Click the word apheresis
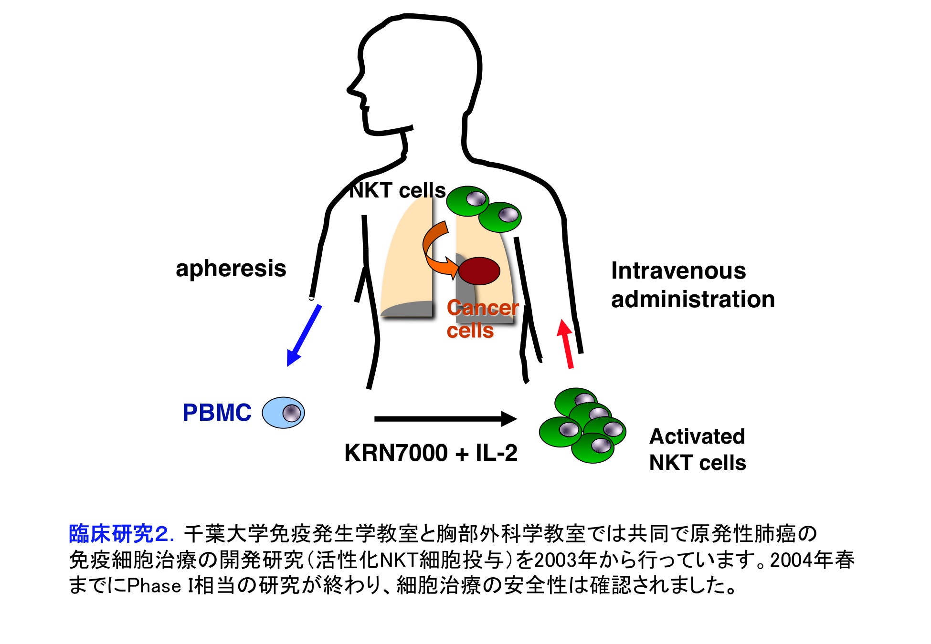coord(231,269)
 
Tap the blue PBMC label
coord(217,413)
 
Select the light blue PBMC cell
coord(283,413)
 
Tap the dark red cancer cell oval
coord(479,271)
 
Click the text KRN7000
coord(396,453)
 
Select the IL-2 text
coord(497,453)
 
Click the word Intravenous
coord(678,271)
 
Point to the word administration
coord(692,300)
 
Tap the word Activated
coord(697,436)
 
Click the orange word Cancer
coord(482,308)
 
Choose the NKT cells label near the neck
coord(397,191)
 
